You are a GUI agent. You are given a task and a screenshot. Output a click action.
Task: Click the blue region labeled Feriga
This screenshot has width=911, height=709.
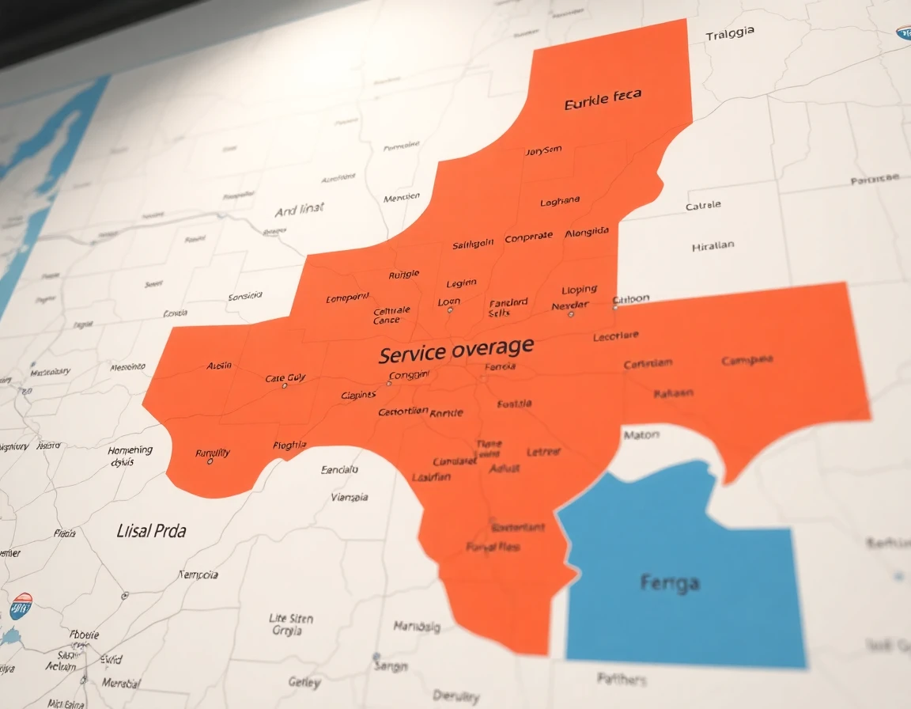tap(669, 583)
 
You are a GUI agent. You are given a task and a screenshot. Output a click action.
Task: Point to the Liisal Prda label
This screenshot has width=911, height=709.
tap(151, 530)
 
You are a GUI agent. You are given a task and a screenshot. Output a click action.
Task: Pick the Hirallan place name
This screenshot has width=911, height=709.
tap(713, 246)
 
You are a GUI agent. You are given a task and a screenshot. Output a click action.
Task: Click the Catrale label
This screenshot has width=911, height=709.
tap(703, 205)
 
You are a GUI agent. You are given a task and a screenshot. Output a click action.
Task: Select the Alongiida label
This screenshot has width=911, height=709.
tap(587, 232)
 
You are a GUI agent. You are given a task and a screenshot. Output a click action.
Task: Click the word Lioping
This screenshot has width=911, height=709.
tap(579, 290)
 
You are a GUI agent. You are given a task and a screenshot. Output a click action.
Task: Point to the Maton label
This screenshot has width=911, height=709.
tap(641, 434)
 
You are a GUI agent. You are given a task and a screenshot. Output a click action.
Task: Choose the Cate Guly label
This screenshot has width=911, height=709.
tap(285, 378)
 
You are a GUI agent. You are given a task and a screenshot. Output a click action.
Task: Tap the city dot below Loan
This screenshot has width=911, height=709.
tap(450, 310)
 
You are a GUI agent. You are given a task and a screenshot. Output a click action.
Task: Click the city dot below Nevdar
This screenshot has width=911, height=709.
tap(571, 314)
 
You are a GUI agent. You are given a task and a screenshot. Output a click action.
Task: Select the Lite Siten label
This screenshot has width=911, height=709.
tap(291, 618)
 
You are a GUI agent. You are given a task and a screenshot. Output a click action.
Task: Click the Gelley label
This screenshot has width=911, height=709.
tap(304, 682)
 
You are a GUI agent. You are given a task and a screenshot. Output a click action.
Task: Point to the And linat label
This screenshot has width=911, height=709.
tap(299, 210)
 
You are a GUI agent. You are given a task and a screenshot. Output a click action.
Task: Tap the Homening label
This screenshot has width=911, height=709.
tap(130, 450)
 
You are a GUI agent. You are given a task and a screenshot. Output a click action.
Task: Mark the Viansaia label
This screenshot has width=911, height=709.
tap(349, 498)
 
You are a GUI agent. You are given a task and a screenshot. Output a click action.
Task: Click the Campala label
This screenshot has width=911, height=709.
tap(747, 361)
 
